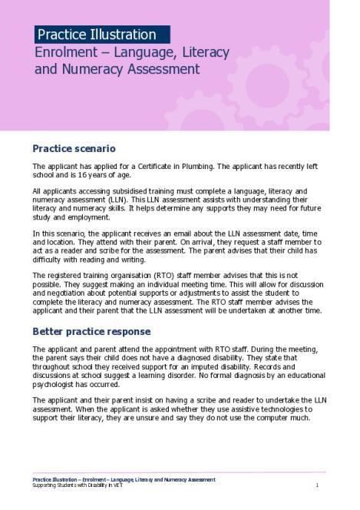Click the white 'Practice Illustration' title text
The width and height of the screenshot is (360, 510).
click(97, 35)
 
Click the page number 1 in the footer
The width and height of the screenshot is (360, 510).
click(316, 485)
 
